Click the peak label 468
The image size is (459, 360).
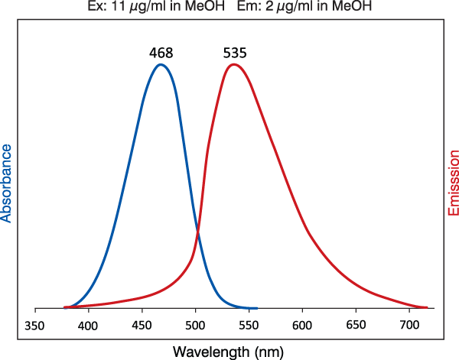click(x=161, y=54)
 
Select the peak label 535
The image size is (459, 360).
click(x=235, y=54)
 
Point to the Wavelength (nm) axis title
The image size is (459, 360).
click(x=229, y=352)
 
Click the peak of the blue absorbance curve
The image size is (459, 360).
click(x=161, y=65)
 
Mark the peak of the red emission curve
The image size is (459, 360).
click(x=234, y=64)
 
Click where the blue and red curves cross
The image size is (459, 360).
click(x=198, y=232)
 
